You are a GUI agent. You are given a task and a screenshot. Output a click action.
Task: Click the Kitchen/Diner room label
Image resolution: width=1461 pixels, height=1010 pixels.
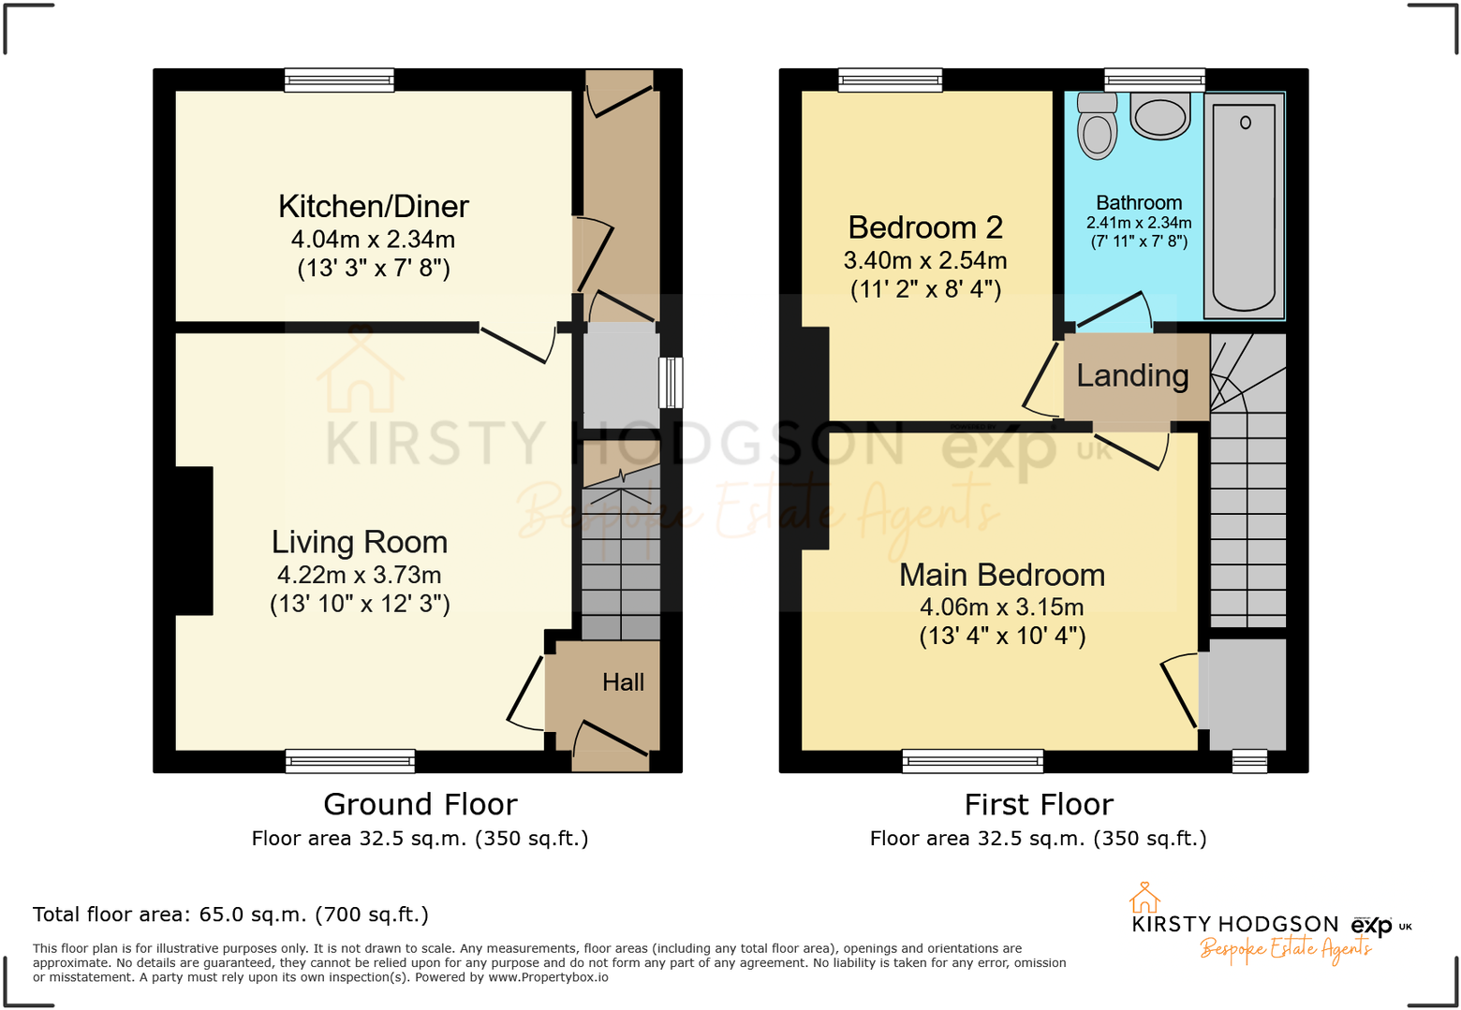(x=374, y=207)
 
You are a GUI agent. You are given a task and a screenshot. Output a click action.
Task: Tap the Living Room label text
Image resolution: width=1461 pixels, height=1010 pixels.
(x=360, y=542)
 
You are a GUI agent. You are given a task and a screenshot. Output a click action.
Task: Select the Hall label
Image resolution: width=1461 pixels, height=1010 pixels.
(x=623, y=682)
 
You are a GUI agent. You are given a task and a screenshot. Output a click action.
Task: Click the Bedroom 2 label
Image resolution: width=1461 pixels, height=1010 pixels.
(x=925, y=227)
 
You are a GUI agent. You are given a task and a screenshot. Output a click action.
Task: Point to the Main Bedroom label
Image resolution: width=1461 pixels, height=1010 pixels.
(x=1002, y=575)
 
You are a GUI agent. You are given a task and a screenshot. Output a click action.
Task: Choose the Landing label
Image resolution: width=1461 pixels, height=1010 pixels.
(x=1132, y=375)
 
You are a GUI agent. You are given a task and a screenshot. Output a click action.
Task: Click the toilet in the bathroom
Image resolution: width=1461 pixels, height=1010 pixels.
(x=1097, y=127)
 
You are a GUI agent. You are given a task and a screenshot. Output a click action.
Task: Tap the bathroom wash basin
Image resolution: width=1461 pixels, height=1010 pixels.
(x=1160, y=116)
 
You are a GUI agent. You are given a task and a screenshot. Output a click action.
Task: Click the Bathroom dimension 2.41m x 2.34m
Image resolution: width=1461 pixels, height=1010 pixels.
(x=1139, y=223)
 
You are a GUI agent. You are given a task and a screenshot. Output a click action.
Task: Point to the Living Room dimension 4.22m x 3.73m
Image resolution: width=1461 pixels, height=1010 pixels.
(x=360, y=575)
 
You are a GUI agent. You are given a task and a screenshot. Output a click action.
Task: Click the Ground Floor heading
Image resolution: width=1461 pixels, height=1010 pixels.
(x=421, y=804)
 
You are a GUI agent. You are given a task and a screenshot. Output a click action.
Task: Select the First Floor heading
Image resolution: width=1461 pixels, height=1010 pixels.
(x=1039, y=804)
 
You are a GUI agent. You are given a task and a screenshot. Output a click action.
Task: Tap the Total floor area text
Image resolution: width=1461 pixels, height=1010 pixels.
(x=230, y=915)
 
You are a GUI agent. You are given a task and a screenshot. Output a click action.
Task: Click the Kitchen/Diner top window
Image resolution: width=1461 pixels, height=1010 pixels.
(x=339, y=81)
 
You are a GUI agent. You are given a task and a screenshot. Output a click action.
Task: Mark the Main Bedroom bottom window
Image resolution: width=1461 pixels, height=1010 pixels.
(x=972, y=761)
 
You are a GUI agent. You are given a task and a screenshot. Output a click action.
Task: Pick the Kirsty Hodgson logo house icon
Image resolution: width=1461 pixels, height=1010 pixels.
(x=1144, y=898)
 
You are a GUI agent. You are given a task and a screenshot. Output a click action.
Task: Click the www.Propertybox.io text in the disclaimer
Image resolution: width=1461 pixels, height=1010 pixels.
(x=548, y=977)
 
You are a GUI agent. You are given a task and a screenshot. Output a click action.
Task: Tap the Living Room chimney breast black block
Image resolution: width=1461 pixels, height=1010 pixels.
(x=194, y=541)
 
